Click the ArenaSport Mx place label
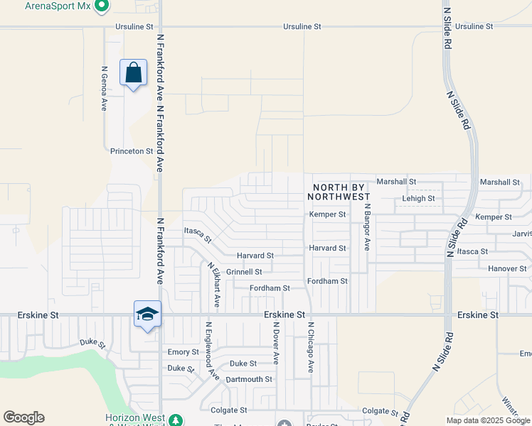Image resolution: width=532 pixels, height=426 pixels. click(58, 5)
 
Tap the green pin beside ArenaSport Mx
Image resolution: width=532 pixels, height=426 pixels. click(101, 6)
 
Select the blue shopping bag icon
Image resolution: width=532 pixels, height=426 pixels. click(134, 73)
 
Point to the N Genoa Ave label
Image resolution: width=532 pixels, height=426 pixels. click(104, 89)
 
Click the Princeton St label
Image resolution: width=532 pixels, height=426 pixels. click(132, 151)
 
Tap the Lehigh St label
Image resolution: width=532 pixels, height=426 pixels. click(418, 199)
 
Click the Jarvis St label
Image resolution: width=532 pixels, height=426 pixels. click(521, 234)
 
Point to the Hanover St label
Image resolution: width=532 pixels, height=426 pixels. click(507, 269)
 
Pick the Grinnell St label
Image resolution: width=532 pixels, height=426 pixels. click(244, 272)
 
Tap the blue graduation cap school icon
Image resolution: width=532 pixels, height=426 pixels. click(148, 315)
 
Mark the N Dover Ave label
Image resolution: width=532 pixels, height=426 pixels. click(276, 343)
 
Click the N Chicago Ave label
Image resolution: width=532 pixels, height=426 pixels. click(311, 347)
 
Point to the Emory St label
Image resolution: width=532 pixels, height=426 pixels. click(183, 352)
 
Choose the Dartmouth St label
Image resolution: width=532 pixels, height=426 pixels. click(249, 380)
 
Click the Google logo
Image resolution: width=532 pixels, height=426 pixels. click(23, 417)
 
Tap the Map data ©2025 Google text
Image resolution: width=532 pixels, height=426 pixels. click(488, 420)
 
